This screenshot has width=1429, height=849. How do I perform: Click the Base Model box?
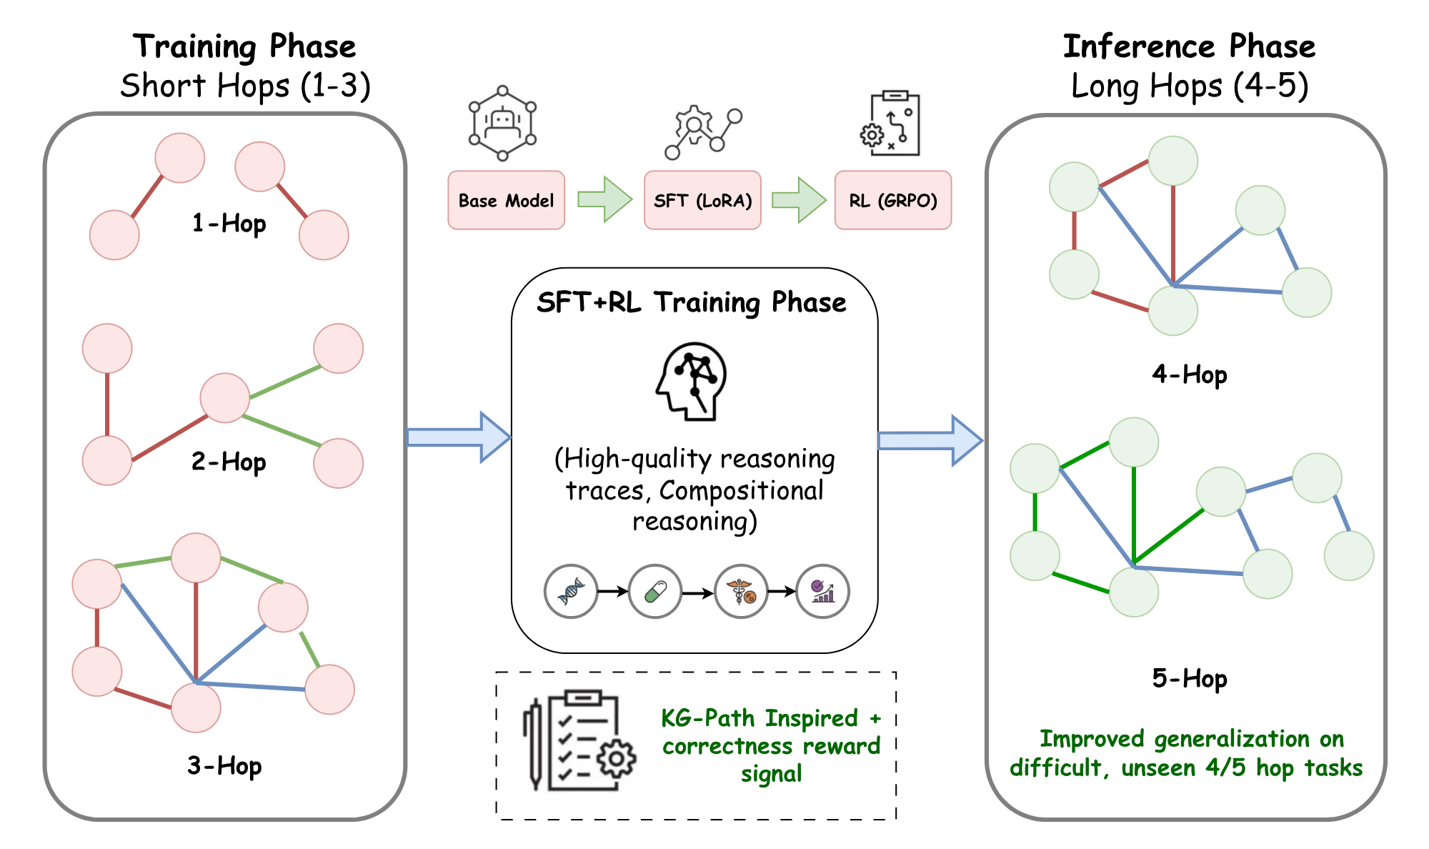506,200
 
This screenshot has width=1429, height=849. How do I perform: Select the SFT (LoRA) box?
702,200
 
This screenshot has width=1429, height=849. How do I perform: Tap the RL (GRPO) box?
892,200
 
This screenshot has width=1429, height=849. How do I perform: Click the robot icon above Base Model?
502,123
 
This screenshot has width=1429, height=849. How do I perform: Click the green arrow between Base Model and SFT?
604,199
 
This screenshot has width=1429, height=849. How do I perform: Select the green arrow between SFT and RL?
799,200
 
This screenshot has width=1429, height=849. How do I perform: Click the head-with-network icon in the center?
692,380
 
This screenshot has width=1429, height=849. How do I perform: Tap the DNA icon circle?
570,591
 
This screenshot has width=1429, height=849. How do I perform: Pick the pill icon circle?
654,591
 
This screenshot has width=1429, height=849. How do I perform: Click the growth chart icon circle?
822,591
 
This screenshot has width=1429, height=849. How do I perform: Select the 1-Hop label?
229,224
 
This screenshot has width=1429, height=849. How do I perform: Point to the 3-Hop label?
224,765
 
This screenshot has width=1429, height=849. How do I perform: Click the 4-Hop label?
1189,374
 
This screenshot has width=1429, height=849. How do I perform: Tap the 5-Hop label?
1189,677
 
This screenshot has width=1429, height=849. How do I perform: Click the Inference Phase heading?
1189,46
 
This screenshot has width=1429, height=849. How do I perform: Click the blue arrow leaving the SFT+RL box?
930,441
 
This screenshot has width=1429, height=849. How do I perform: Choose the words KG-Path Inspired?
759,718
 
